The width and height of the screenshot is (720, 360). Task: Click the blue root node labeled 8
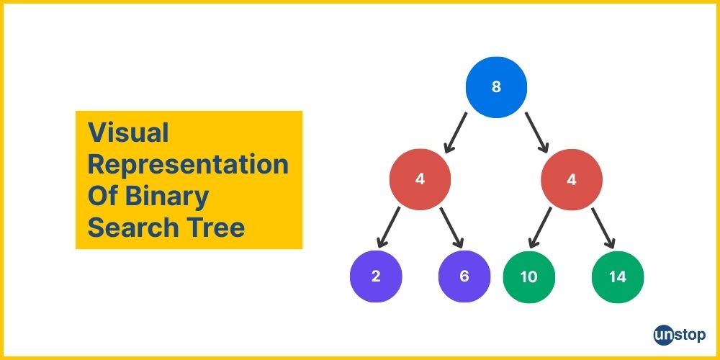coord(496,87)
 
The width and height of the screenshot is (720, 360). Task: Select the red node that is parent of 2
coord(420,179)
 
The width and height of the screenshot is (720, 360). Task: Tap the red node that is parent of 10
coord(571,179)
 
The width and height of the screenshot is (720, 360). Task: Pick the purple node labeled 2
coord(376,277)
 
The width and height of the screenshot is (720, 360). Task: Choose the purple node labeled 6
coord(464,277)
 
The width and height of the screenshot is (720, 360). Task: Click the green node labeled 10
coord(529,277)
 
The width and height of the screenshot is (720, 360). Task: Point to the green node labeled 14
coord(618,277)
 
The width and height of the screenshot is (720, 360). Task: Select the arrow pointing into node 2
coord(389,228)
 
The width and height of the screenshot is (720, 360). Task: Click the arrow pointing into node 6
coord(452,228)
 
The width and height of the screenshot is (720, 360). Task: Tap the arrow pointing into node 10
coord(540,228)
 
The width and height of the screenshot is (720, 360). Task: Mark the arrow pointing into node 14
coord(603,228)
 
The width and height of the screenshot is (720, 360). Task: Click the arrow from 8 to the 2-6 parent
coord(456,132)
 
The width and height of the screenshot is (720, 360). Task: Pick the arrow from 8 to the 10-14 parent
coord(537,132)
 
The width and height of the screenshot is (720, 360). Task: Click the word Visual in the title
coord(129,133)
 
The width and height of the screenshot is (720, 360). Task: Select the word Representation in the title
coord(188,166)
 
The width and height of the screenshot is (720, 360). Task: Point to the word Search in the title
coord(127,228)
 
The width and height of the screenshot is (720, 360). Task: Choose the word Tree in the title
coord(209,228)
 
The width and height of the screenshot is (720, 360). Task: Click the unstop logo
coord(680,335)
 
